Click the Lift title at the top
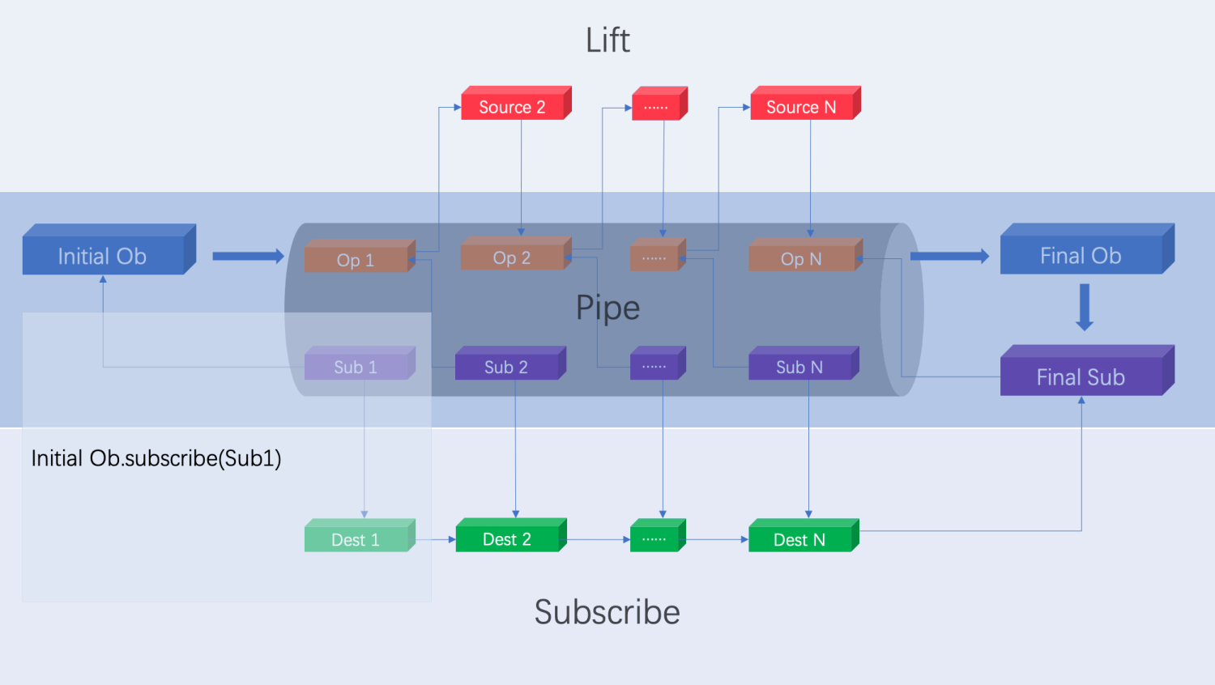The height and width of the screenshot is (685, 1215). pyautogui.click(x=607, y=40)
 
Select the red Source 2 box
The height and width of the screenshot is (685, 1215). pyautogui.click(x=513, y=107)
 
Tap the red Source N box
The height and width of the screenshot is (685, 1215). pyautogui.click(x=801, y=107)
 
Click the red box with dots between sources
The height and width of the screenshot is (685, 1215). pyautogui.click(x=656, y=107)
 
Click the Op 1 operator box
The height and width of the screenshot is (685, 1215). pyautogui.click(x=356, y=260)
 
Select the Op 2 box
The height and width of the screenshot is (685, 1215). pyautogui.click(x=512, y=257)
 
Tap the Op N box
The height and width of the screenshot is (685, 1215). pyautogui.click(x=801, y=259)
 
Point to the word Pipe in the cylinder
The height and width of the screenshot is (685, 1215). pyautogui.click(x=607, y=308)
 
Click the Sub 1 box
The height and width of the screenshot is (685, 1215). pyautogui.click(x=356, y=367)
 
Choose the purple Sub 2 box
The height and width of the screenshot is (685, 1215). pyautogui.click(x=506, y=367)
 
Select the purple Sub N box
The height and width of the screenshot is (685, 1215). pyautogui.click(x=799, y=367)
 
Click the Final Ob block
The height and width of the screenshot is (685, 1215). pyautogui.click(x=1081, y=256)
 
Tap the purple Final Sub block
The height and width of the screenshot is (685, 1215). pyautogui.click(x=1081, y=377)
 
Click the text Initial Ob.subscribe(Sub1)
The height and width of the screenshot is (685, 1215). pyautogui.click(x=156, y=458)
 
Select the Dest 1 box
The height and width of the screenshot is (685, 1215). pyautogui.click(x=356, y=539)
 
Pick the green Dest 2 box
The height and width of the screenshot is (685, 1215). pyautogui.click(x=507, y=539)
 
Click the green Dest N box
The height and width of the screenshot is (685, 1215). pyautogui.click(x=799, y=539)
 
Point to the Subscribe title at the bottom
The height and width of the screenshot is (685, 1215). pyautogui.click(x=607, y=612)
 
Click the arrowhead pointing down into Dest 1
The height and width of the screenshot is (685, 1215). pyautogui.click(x=364, y=514)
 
